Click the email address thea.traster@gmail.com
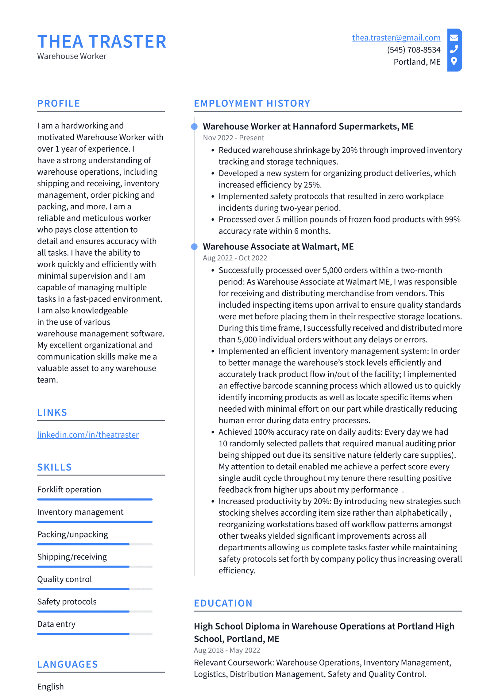(x=396, y=38)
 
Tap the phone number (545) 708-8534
(x=413, y=50)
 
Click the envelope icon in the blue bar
(x=454, y=38)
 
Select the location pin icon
(x=454, y=61)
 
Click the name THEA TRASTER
(x=102, y=42)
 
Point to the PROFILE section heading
(x=59, y=103)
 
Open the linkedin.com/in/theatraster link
(x=88, y=435)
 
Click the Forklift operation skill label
(x=69, y=489)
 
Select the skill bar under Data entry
(x=95, y=634)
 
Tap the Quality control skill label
(x=64, y=579)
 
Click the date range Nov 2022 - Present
(x=233, y=138)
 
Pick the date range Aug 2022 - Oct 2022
(x=235, y=258)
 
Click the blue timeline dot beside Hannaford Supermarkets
(x=194, y=126)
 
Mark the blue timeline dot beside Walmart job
(x=194, y=246)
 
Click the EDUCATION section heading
(x=223, y=603)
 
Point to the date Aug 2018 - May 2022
(x=227, y=650)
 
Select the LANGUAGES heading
(x=68, y=664)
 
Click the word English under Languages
(x=50, y=686)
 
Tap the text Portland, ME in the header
(x=417, y=62)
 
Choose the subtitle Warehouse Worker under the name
(x=72, y=56)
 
